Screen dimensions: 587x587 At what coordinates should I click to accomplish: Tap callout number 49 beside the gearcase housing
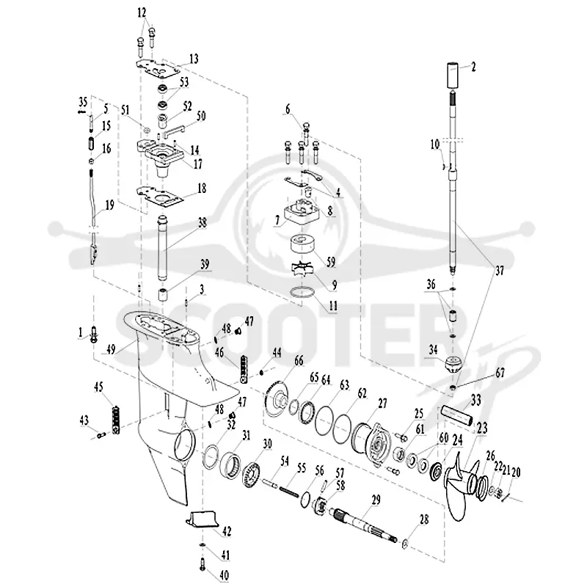point(112,349)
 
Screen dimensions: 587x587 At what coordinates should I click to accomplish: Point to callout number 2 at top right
point(473,68)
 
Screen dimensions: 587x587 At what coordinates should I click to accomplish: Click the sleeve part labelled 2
point(452,76)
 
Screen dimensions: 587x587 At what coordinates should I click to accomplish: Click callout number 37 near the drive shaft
point(500,271)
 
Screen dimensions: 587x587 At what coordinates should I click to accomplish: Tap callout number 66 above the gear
point(299,361)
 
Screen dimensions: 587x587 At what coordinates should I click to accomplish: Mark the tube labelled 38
point(162,248)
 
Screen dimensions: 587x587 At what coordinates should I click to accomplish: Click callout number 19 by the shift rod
point(109,205)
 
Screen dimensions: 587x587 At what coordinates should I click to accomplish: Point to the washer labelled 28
point(404,543)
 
